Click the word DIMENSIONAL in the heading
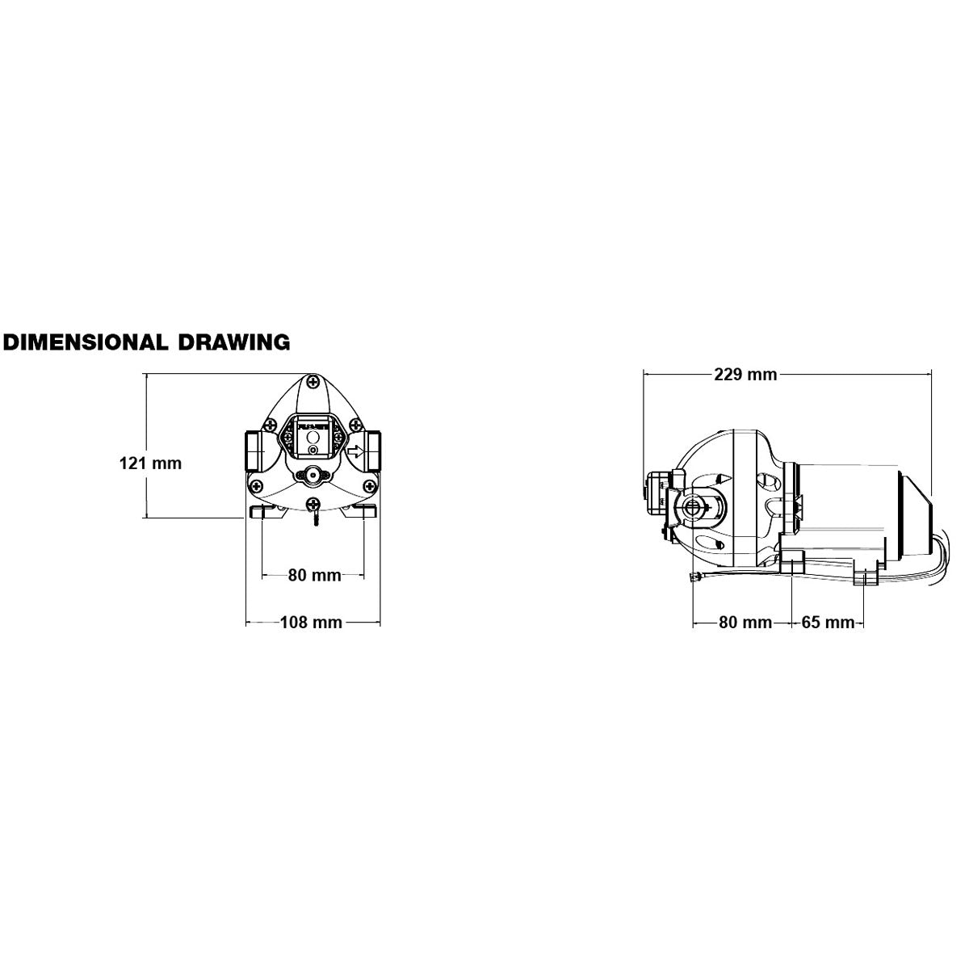(x=85, y=342)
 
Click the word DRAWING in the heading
(x=234, y=342)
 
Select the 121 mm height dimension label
(x=150, y=463)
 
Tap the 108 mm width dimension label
(x=311, y=622)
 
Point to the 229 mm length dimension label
(x=746, y=374)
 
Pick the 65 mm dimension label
(x=828, y=622)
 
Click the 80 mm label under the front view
(x=314, y=575)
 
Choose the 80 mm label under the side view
(x=745, y=622)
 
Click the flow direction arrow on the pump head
(x=355, y=451)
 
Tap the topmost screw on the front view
(x=313, y=382)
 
